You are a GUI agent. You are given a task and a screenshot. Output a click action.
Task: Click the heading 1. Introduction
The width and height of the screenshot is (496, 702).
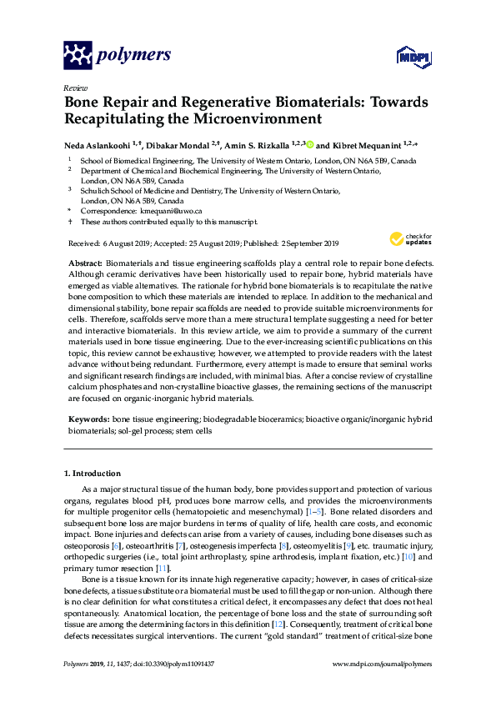[92, 474]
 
